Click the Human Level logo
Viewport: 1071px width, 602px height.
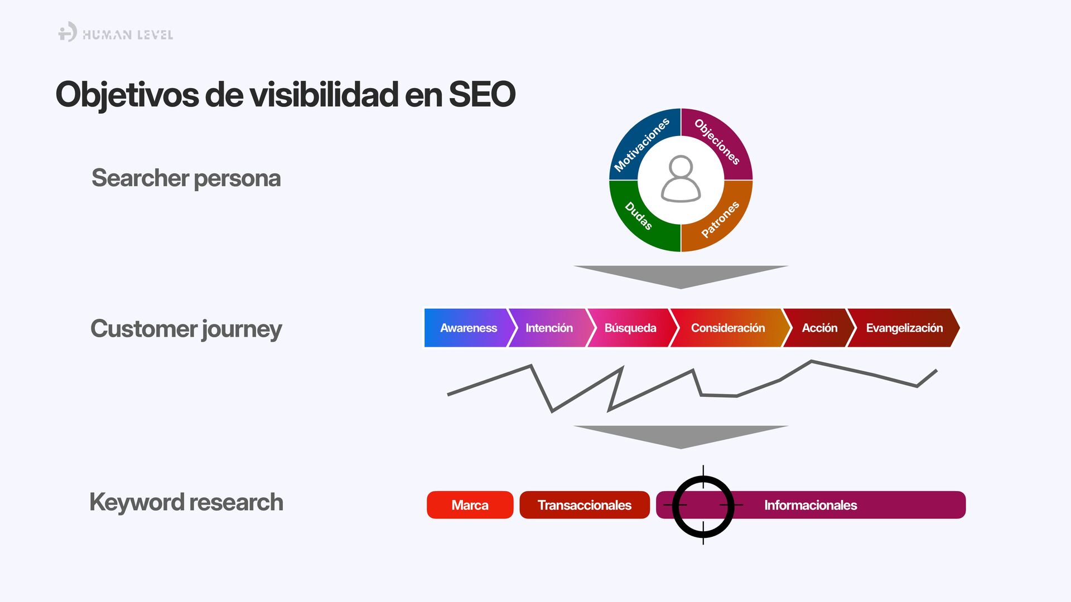(115, 33)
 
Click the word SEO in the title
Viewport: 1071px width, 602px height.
(481, 94)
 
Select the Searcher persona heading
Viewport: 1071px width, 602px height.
(186, 178)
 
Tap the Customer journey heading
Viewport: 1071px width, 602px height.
(186, 329)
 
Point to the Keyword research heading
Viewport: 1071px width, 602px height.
(186, 502)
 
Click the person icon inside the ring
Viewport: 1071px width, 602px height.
(681, 179)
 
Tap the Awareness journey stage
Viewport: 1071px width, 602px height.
(467, 328)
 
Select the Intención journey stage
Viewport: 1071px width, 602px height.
(548, 328)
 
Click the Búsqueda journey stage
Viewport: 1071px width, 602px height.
(630, 328)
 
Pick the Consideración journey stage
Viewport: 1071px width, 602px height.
(727, 328)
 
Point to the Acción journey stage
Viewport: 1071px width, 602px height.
(819, 328)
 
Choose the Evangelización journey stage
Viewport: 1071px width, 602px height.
(904, 328)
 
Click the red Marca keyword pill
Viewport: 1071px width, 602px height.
(470, 505)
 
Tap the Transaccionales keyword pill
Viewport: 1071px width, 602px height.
(584, 505)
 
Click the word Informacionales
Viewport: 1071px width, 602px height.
(810, 505)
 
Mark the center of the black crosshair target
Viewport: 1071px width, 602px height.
(703, 506)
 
